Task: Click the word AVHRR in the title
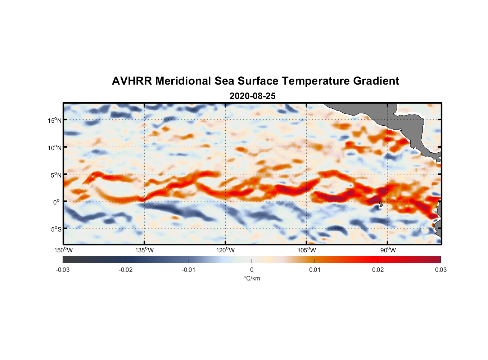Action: point(131,81)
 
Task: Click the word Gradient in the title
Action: point(376,81)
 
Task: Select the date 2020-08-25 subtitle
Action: point(252,96)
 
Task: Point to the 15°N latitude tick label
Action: point(54,120)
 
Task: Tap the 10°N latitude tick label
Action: point(54,148)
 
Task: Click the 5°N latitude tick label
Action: point(56,175)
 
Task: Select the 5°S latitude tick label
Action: point(56,229)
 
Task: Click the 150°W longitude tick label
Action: point(63,250)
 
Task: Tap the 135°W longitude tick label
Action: point(145,250)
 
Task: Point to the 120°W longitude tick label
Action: point(226,250)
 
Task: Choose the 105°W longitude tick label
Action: point(307,250)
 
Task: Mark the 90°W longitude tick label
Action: point(388,250)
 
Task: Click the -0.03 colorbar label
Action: point(63,270)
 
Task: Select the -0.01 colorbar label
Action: point(189,270)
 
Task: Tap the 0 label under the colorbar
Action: point(252,270)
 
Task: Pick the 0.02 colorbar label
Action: point(378,270)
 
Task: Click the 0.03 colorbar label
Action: point(440,270)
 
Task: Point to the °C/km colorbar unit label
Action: point(252,278)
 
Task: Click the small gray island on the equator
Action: point(381,204)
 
